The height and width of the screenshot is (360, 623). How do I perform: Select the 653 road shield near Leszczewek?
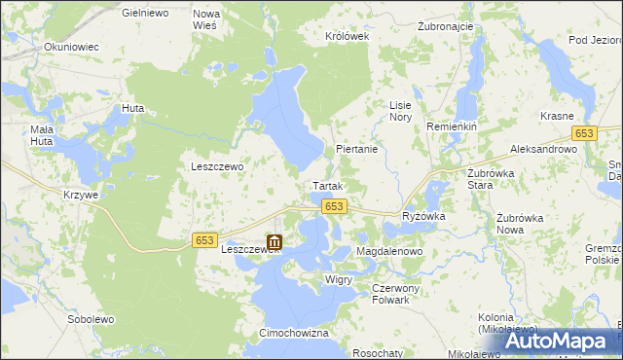pos(204,240)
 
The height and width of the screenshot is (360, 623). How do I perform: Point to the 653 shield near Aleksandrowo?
pos(584,133)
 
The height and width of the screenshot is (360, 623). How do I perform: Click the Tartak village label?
pos(325,185)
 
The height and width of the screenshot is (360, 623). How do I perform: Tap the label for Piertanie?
pos(355,150)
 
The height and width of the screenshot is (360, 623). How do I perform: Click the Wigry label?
pos(339,279)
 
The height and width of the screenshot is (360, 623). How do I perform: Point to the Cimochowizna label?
pos(293,333)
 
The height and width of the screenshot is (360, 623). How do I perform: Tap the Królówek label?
pos(348,36)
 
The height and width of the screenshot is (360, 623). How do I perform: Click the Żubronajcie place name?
pos(445,27)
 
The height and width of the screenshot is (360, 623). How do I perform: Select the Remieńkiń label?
pos(449,127)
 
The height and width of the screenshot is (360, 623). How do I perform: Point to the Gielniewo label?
pos(147,14)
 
